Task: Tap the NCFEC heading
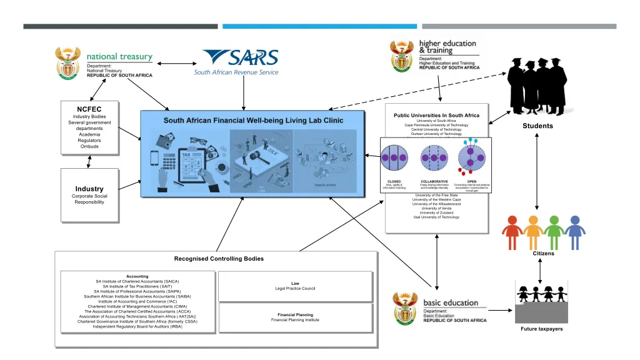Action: (x=89, y=109)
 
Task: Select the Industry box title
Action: (x=89, y=189)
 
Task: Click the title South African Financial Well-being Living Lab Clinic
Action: (x=253, y=121)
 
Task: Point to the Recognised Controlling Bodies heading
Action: (x=219, y=259)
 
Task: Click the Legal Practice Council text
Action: (x=295, y=288)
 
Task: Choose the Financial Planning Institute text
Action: (x=295, y=320)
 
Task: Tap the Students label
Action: (x=537, y=126)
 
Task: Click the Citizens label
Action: (x=543, y=254)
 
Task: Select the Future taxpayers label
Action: (x=541, y=329)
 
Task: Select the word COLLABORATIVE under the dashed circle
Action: (x=434, y=182)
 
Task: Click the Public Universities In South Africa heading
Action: (x=436, y=116)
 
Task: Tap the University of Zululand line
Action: (x=436, y=212)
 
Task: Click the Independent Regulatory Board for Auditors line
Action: (x=137, y=327)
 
